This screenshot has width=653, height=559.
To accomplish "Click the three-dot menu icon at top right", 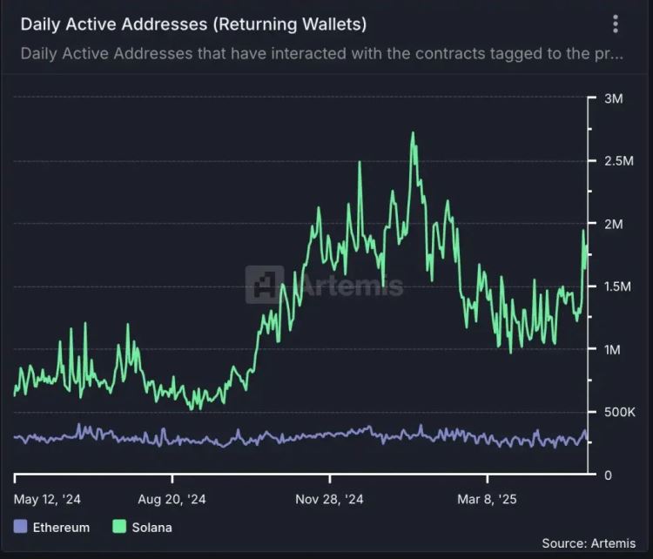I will click(616, 24).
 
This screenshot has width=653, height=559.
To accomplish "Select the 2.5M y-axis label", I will click(607, 161).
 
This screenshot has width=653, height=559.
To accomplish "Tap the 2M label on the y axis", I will click(613, 224).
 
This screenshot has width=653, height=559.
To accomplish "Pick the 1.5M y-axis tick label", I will click(607, 286).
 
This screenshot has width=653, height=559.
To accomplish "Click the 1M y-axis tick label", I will click(613, 349).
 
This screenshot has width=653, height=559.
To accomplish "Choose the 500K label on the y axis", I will click(607, 412).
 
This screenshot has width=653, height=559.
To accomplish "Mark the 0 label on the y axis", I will click(608, 475).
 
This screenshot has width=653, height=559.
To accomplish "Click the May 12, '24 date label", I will click(49, 500).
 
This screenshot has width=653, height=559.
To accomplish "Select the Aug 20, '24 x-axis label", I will click(172, 500).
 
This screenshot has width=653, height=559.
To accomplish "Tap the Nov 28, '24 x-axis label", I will click(329, 500).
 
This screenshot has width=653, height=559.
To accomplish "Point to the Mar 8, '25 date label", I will click(487, 500).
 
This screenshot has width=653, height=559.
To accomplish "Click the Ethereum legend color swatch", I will click(22, 527).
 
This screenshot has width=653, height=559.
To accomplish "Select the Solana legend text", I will click(151, 527).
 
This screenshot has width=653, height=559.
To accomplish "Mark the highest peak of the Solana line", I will click(412, 133).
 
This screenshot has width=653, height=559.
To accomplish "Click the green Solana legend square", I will click(120, 527).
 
